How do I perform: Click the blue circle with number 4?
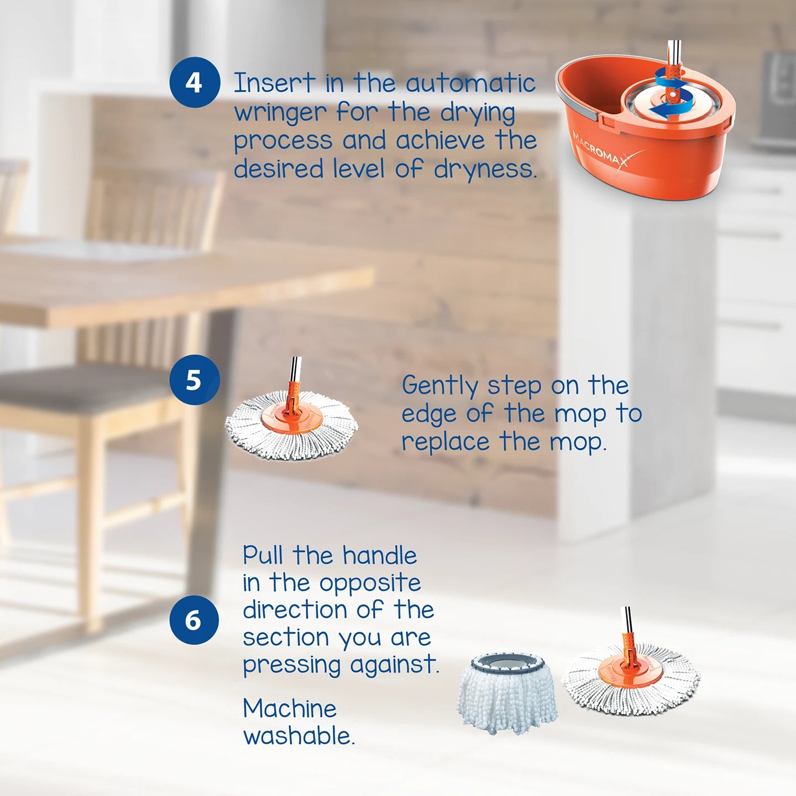tap(194, 82)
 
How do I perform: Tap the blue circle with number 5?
tap(194, 380)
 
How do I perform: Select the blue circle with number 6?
tap(193, 620)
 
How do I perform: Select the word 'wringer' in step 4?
tap(280, 113)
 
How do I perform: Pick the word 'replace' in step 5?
tap(446, 442)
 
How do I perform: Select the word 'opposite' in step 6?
tap(370, 583)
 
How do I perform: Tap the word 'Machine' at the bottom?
tap(290, 709)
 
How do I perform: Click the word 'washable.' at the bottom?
tap(299, 736)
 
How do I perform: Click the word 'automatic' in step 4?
tap(470, 83)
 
